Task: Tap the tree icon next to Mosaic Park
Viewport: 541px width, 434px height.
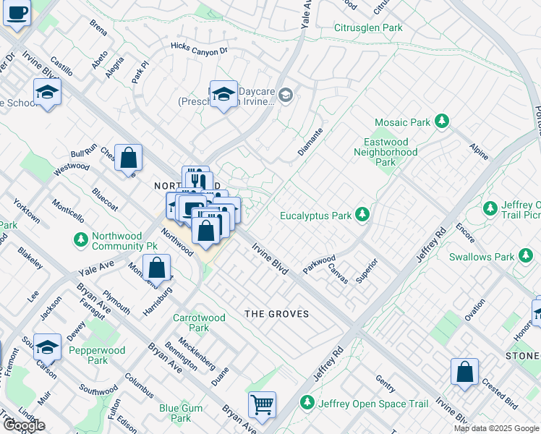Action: [442, 123]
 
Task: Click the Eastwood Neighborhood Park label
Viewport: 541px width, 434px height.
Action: [385, 153]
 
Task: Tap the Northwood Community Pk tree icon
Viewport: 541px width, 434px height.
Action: [80, 239]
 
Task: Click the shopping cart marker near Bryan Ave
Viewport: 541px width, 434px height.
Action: [262, 404]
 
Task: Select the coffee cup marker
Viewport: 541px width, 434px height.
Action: [17, 12]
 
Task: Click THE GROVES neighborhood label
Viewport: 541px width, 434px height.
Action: [276, 314]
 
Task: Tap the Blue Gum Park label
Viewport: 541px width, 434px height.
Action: [175, 413]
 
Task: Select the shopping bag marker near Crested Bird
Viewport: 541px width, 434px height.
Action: [465, 371]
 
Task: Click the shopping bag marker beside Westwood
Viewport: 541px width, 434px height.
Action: [128, 157]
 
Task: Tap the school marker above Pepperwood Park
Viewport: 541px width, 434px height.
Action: [47, 346]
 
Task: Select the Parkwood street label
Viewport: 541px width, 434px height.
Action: [319, 263]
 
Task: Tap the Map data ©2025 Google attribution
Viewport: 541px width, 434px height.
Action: [496, 428]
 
